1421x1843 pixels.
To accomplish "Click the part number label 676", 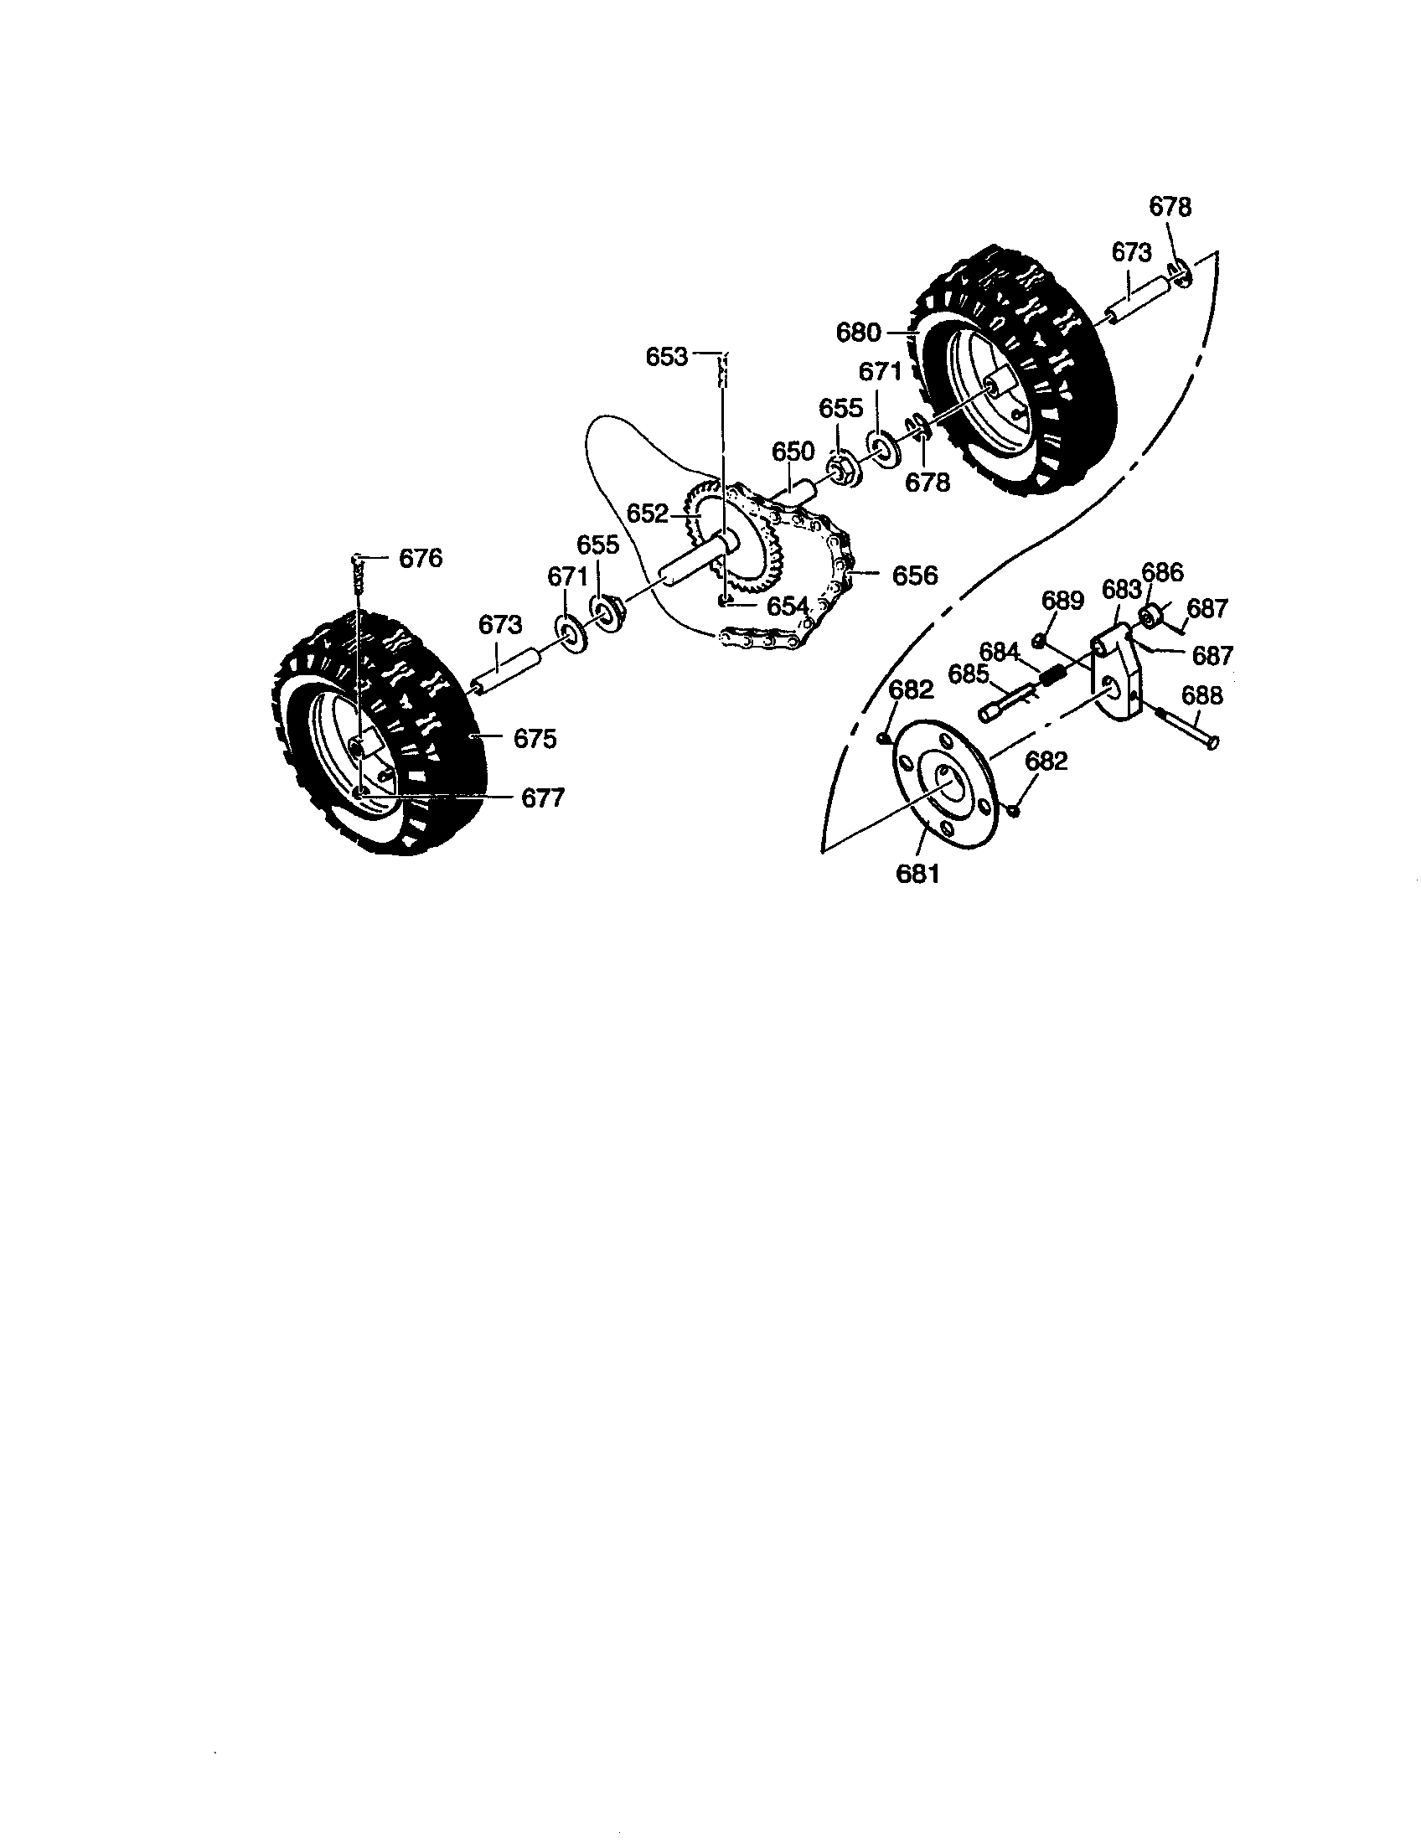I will (x=421, y=559).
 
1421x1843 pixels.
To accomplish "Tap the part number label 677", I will (x=543, y=798).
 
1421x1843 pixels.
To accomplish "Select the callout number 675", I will (x=535, y=738).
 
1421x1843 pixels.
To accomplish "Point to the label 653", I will (x=667, y=357).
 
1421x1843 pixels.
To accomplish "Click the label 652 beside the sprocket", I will (x=648, y=513).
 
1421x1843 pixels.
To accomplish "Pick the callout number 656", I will (x=915, y=576).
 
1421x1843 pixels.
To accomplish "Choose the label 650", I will (x=793, y=452).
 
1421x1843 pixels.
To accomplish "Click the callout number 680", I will (x=858, y=333).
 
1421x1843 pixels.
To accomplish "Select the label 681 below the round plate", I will (x=917, y=874).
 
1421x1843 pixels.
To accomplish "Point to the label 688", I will (x=1201, y=695).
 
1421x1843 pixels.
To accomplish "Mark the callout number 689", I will (x=1062, y=600).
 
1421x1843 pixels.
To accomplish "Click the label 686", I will (x=1163, y=572).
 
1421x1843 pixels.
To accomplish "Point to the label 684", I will (x=1000, y=652).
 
